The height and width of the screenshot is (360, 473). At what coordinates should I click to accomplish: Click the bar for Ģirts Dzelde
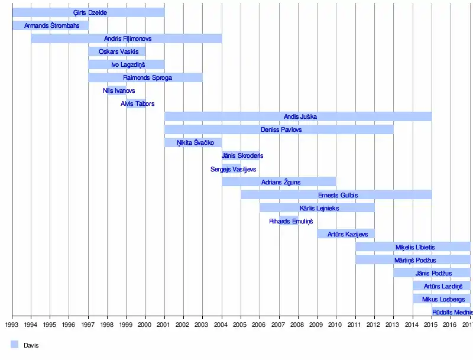tap(88, 12)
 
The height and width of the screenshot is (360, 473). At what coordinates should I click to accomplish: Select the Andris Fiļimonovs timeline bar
tap(127, 38)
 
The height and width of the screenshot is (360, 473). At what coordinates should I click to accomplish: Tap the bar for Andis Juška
tap(298, 116)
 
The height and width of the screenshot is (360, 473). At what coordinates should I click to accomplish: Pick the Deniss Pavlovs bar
tap(279, 129)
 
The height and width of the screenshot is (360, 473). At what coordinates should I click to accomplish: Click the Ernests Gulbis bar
tap(336, 194)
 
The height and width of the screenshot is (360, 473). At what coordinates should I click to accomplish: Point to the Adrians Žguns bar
tap(279, 181)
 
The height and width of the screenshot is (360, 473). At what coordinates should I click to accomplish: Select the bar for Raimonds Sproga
tap(145, 77)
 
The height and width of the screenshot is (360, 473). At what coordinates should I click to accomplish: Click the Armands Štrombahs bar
tap(50, 25)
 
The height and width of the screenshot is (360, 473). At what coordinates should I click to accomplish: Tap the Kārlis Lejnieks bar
tap(317, 207)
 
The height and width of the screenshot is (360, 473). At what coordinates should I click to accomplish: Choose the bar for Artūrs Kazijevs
tap(346, 233)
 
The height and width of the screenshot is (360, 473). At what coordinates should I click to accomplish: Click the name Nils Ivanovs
tap(119, 90)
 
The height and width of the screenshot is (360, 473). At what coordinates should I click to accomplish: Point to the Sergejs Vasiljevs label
tap(233, 169)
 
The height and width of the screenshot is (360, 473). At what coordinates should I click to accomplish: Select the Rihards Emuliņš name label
tap(291, 221)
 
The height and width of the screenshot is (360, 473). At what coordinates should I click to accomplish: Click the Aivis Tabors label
tap(138, 103)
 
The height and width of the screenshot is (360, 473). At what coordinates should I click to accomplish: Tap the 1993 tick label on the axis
tap(12, 324)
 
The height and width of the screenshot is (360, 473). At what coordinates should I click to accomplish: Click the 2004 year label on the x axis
tap(222, 324)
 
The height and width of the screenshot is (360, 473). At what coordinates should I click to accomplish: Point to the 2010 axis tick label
tap(336, 324)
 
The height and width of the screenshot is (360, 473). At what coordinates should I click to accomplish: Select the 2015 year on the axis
tap(432, 324)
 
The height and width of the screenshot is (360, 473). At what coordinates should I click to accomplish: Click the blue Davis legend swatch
tap(15, 345)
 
